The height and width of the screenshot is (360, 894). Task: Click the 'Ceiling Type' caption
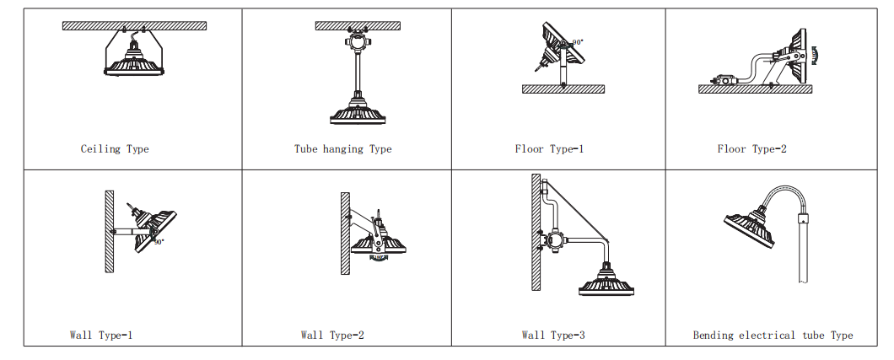(x=115, y=149)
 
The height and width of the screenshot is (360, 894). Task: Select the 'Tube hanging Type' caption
(x=342, y=149)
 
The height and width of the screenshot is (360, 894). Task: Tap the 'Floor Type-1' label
(x=549, y=149)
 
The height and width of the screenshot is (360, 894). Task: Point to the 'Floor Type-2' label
(x=751, y=149)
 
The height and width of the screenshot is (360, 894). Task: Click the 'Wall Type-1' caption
(x=101, y=335)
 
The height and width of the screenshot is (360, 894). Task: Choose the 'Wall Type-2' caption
(x=332, y=335)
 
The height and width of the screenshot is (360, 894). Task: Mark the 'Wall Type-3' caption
(x=553, y=335)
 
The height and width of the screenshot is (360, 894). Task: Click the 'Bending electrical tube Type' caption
(x=773, y=336)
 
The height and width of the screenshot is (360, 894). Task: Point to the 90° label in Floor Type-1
(x=578, y=42)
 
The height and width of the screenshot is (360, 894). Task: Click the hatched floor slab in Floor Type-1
(x=563, y=89)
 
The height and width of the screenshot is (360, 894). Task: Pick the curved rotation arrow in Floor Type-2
(x=814, y=54)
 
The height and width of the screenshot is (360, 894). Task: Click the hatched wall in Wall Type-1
(x=109, y=231)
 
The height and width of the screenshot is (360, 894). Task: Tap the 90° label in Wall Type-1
(x=159, y=241)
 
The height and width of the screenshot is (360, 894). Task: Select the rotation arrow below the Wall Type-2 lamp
(x=379, y=258)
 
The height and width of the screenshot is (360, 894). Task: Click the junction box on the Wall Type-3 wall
(x=553, y=239)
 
